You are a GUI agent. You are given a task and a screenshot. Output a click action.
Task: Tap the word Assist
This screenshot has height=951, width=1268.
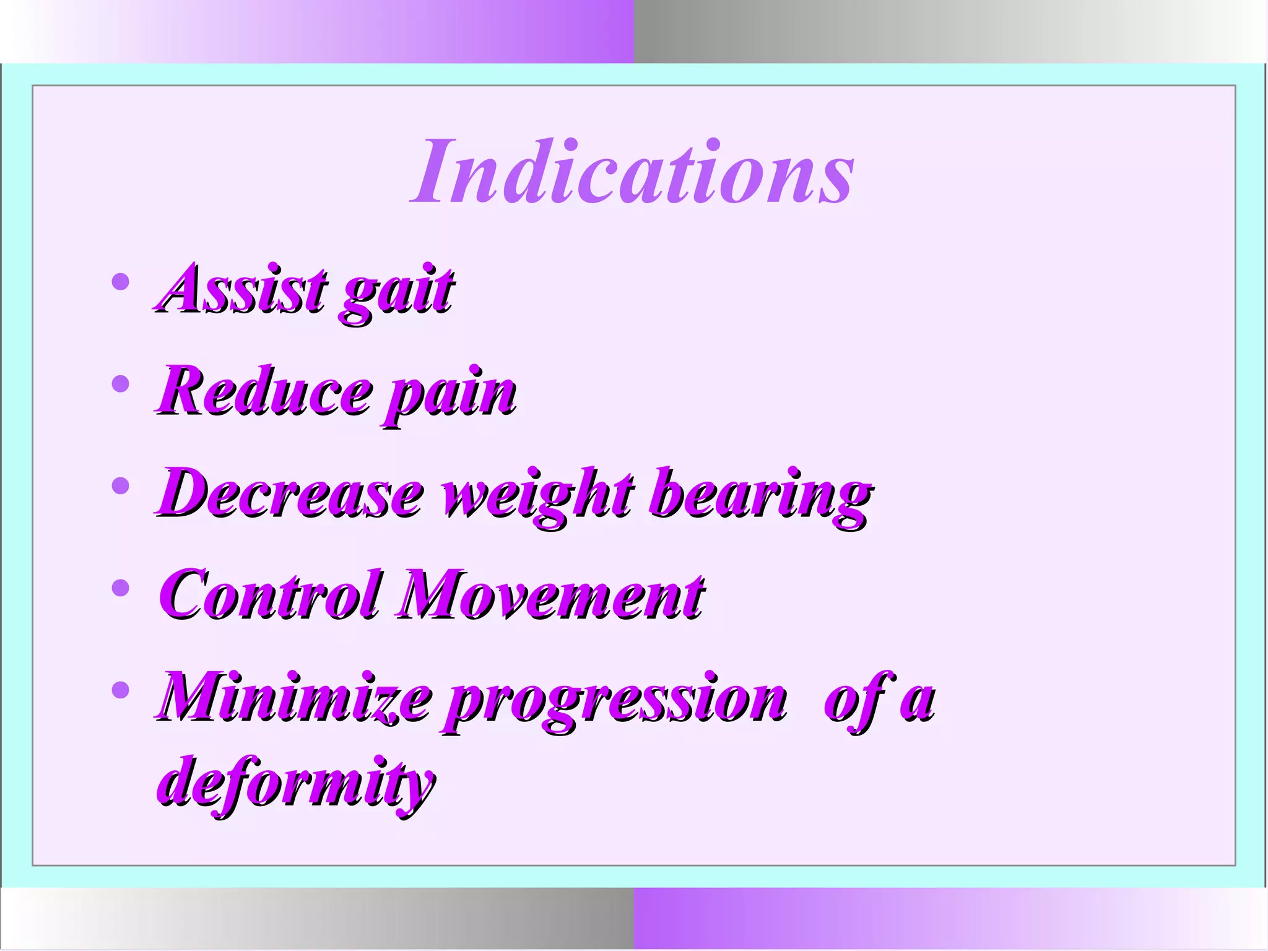pyautogui.click(x=243, y=289)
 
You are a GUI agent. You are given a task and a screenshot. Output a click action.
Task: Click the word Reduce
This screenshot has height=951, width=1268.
pyautogui.click(x=264, y=391)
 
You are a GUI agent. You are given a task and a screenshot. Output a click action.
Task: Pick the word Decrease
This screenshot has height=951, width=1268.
pyautogui.click(x=290, y=494)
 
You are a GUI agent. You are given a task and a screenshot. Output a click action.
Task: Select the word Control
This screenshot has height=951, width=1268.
pyautogui.click(x=269, y=596)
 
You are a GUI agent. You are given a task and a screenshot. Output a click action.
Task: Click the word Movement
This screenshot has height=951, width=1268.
pyautogui.click(x=551, y=596)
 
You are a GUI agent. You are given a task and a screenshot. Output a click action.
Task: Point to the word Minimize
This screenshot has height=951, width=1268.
pyautogui.click(x=293, y=698)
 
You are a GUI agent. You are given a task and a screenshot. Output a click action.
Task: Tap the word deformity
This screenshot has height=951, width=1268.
pyautogui.click(x=296, y=783)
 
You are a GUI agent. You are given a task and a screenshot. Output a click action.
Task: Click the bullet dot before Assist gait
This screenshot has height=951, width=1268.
pyautogui.click(x=121, y=282)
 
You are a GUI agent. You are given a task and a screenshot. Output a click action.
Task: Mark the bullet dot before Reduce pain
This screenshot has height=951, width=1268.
pyautogui.click(x=121, y=384)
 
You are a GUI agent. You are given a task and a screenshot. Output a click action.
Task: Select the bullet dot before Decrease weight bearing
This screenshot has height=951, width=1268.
pyautogui.click(x=121, y=487)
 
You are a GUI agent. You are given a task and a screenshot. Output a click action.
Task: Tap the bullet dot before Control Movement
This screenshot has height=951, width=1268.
pyautogui.click(x=121, y=588)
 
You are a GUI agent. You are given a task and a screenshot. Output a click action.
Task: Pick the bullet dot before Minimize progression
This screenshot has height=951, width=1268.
pyautogui.click(x=121, y=690)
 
